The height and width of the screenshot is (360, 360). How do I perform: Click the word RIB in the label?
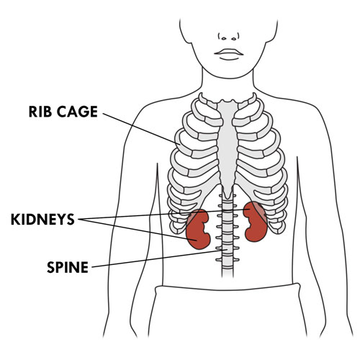(40, 112)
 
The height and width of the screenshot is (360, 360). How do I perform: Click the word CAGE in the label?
(77, 112)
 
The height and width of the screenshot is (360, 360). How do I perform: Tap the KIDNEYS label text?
(42, 219)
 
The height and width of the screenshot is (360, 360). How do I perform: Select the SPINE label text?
(68, 267)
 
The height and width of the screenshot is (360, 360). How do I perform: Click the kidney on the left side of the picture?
(197, 230)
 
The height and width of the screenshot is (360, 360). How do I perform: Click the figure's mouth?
(229, 53)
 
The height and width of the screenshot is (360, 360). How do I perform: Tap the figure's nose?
(229, 37)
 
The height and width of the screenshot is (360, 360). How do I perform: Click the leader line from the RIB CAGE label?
(141, 129)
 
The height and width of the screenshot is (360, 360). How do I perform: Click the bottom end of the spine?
(228, 276)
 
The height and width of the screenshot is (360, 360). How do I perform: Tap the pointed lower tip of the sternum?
(228, 198)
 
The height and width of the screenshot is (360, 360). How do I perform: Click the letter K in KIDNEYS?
(16, 219)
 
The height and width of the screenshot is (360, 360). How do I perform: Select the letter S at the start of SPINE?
(50, 267)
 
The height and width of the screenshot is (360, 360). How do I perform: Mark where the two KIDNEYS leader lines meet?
(78, 220)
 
